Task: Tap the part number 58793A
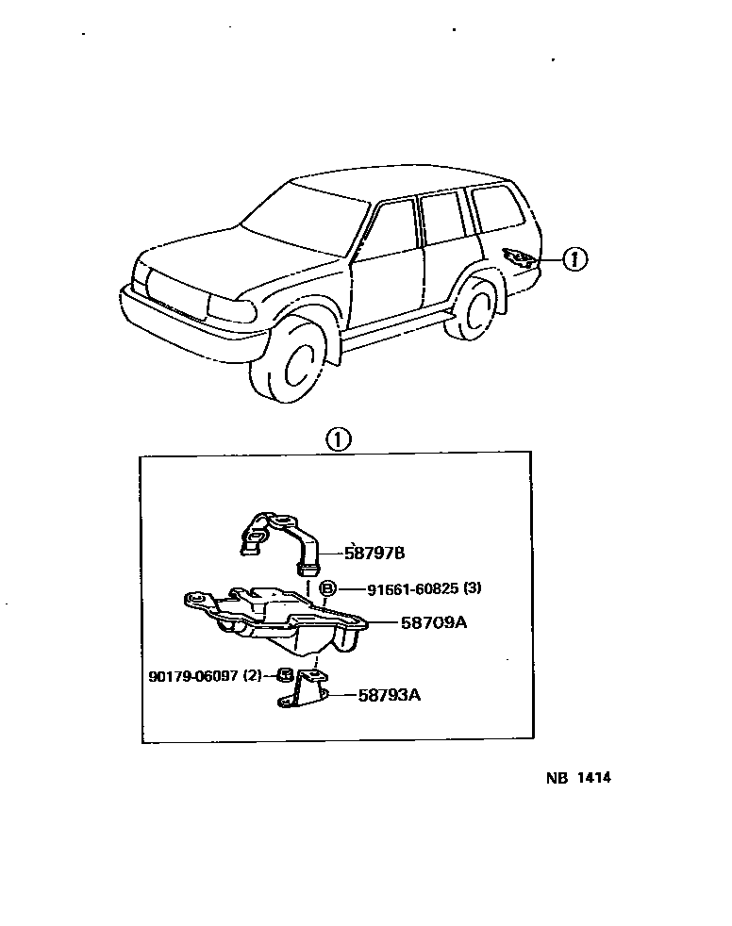tap(389, 697)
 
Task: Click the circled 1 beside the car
tap(575, 258)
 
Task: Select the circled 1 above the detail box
tap(338, 438)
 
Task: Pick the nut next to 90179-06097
tap(281, 675)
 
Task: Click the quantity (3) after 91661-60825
tap(473, 589)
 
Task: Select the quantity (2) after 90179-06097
tap(252, 676)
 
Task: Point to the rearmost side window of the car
tap(498, 208)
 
